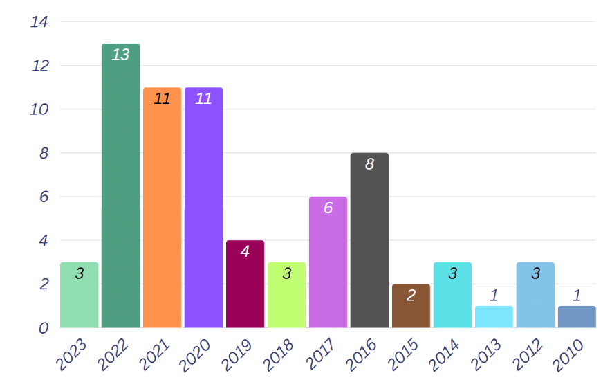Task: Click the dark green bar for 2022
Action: click(x=120, y=187)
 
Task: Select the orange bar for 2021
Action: click(x=162, y=208)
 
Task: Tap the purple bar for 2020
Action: click(x=203, y=208)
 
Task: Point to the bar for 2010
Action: click(x=577, y=317)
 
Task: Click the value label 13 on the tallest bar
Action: click(x=120, y=55)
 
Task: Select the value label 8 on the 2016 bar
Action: click(x=369, y=164)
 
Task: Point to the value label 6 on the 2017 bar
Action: click(x=328, y=208)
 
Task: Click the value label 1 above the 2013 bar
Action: click(x=494, y=296)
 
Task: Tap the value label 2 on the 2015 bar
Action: click(x=411, y=296)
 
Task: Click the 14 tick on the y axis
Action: click(x=39, y=22)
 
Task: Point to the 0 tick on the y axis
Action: click(x=44, y=328)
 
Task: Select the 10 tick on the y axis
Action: click(x=39, y=109)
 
